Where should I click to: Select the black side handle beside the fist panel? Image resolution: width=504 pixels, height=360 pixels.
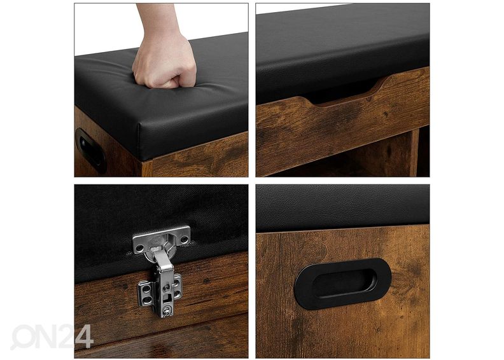point(90,150)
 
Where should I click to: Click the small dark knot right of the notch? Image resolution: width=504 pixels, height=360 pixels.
point(386,114)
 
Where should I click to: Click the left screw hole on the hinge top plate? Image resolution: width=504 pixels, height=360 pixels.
point(139,247)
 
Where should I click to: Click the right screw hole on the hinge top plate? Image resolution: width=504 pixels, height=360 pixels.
point(184,239)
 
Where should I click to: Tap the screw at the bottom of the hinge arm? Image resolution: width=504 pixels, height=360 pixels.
point(167,311)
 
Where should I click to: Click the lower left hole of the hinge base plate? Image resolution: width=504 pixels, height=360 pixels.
point(146,300)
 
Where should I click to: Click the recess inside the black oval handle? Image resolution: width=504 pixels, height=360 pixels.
point(344,284)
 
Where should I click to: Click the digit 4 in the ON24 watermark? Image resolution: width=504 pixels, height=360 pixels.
point(84,337)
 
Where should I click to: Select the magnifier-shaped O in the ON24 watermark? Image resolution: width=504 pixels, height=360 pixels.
point(24,337)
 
